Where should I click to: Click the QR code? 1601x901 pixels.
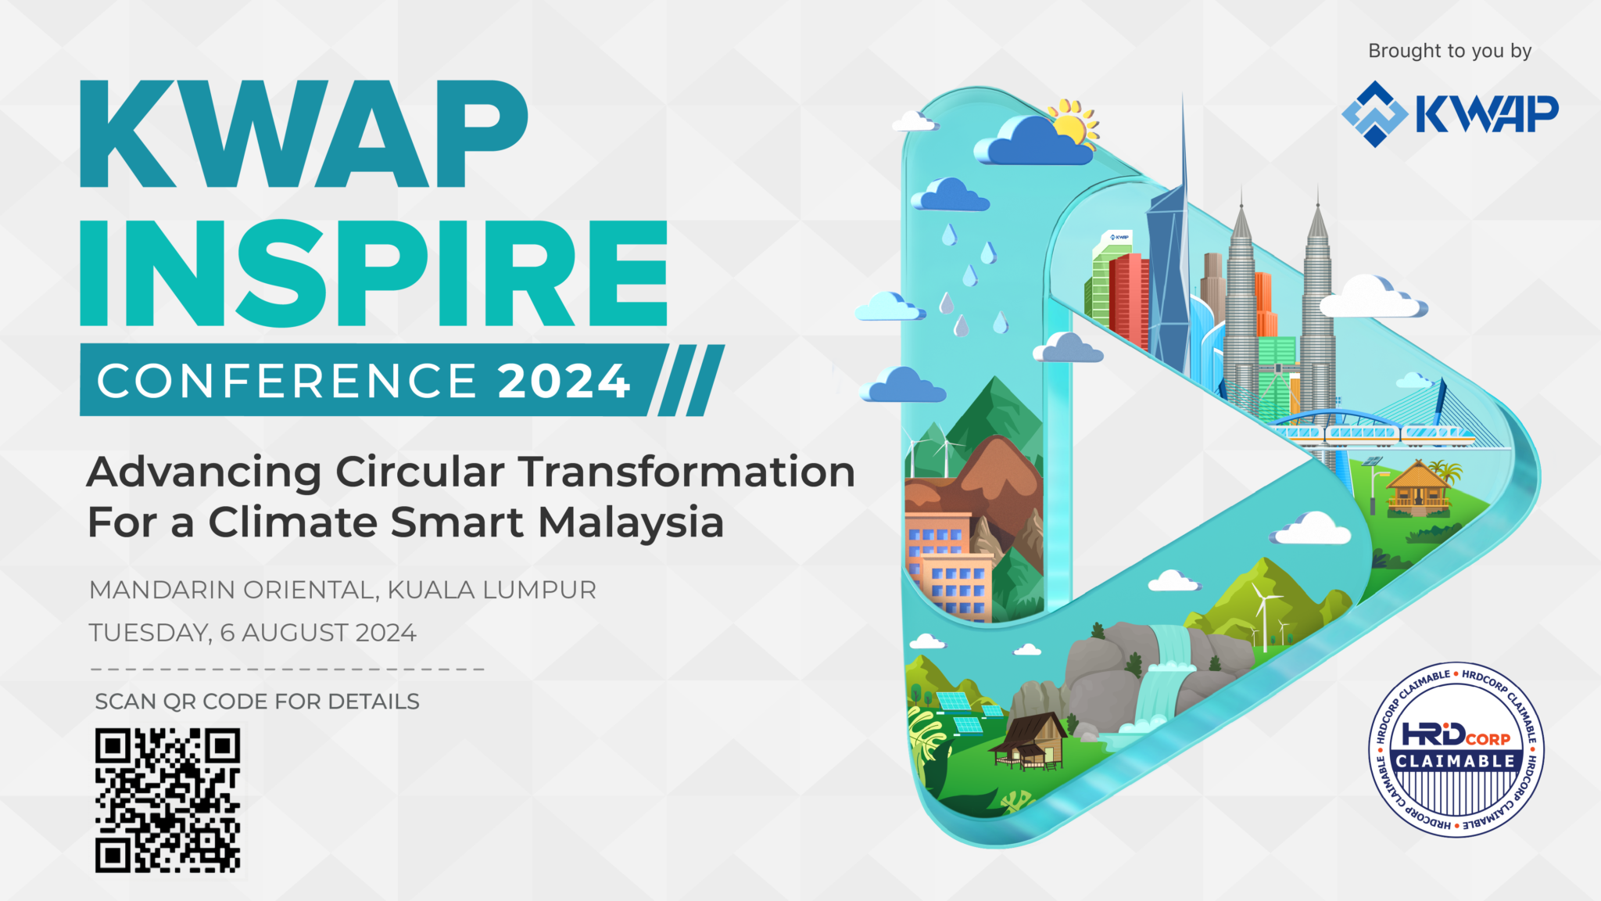click(x=167, y=800)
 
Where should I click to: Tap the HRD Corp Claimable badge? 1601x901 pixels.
click(x=1456, y=749)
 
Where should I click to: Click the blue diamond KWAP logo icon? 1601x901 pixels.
click(x=1375, y=114)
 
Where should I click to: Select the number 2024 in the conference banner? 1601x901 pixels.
click(x=564, y=381)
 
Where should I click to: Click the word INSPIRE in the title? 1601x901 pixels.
click(x=374, y=273)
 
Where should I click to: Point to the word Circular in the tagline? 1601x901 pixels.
click(x=420, y=472)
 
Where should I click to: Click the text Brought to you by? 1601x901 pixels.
click(x=1449, y=51)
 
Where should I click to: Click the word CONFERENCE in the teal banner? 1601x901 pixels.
click(x=287, y=381)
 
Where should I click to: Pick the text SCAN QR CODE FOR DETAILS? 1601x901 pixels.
click(x=257, y=702)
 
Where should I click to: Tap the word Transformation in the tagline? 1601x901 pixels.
click(x=687, y=472)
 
